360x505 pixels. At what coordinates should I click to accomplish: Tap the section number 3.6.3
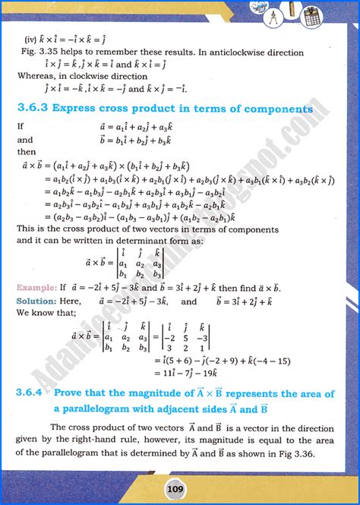point(34,109)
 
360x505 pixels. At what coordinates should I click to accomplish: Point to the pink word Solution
point(36,301)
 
